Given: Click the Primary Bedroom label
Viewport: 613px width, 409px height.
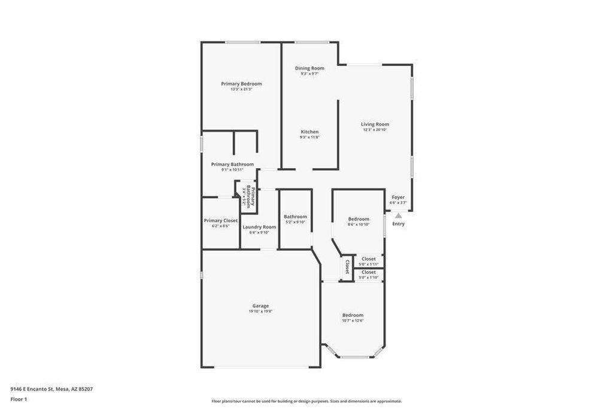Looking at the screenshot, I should coord(241,84).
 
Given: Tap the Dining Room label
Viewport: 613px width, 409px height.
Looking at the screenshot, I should coord(309,68).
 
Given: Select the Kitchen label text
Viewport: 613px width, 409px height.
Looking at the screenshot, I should coord(309,132).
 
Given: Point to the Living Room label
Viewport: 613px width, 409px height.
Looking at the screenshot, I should coord(375,125).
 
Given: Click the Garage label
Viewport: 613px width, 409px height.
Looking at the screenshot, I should coord(260,306).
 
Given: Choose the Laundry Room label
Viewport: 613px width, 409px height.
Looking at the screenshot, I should coord(259,227).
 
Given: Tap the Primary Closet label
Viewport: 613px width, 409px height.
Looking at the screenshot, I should coord(220,220).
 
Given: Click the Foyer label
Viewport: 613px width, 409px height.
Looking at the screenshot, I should coord(398,197).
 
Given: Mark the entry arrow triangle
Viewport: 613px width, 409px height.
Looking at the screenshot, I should coord(398,215).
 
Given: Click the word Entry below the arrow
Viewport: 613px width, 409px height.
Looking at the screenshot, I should coord(398,224).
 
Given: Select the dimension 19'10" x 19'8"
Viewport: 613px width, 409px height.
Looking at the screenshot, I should coord(260,311).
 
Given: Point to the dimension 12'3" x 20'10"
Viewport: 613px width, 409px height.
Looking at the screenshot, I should coord(375,130).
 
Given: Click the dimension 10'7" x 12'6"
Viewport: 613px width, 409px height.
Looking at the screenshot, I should coord(353,320).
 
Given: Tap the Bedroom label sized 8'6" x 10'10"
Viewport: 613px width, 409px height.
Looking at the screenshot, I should coord(359,219).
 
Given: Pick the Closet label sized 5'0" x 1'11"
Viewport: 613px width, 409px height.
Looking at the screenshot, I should coord(369,259).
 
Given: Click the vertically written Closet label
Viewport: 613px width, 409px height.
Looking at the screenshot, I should coord(347,266).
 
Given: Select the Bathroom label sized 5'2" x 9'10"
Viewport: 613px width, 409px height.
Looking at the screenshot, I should coord(295,217).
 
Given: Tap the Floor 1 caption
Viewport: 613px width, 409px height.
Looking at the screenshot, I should coord(19,399).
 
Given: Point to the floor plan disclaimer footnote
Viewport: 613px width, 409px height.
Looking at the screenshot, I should coord(306,401).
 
